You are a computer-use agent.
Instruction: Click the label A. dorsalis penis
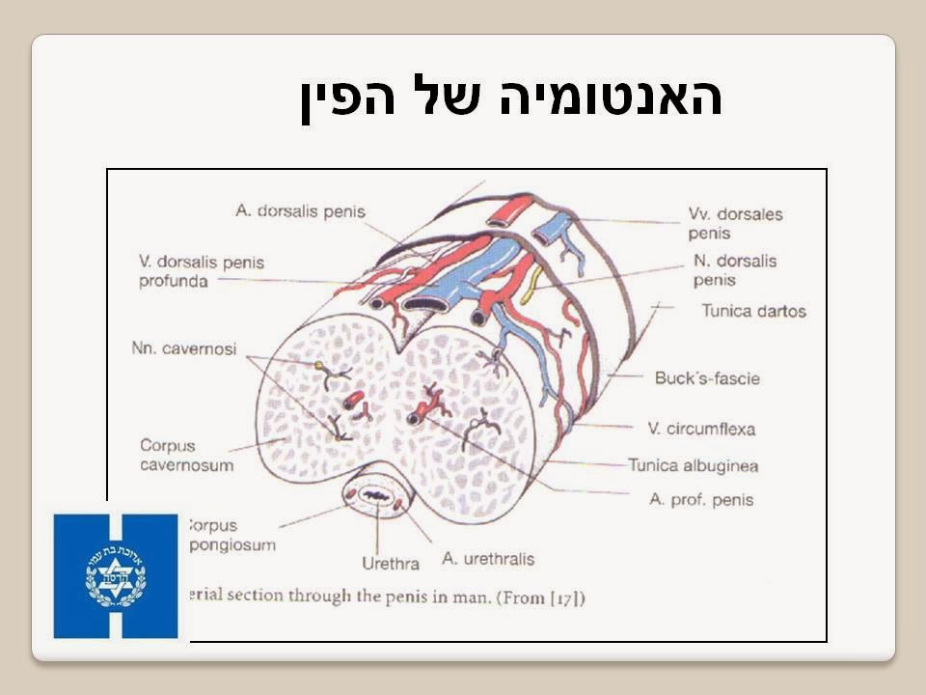point(300,211)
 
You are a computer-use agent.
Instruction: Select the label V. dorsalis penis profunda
point(201,271)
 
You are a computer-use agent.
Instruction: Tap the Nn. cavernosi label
point(183,348)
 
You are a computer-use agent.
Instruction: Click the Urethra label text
point(390,563)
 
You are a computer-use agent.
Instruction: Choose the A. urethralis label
point(487,558)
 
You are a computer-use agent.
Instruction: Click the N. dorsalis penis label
point(734,270)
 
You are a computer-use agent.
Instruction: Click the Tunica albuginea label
point(693,465)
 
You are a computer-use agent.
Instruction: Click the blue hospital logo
point(116,576)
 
